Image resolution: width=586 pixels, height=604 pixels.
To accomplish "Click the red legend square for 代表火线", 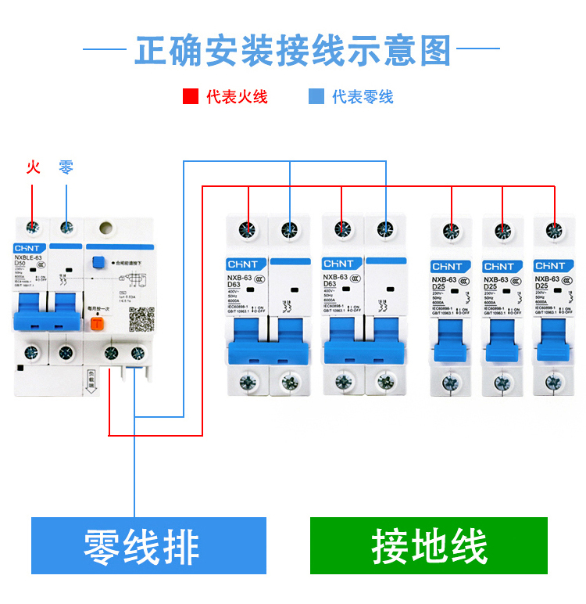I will [191, 97].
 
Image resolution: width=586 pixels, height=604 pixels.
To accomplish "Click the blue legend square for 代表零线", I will [316, 97].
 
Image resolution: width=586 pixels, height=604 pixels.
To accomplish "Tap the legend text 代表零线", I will [363, 97].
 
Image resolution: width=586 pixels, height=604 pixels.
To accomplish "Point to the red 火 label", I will [33, 167].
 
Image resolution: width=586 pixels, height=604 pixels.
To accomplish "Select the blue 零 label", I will [66, 167].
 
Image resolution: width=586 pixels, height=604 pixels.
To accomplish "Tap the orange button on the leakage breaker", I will [98, 323].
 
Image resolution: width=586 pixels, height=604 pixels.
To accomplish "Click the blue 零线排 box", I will [148, 545].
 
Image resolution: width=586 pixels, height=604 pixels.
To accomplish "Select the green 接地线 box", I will [429, 545].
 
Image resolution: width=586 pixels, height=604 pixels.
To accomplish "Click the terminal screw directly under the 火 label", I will [33, 228].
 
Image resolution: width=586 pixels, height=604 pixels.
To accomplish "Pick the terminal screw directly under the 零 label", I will [67, 228].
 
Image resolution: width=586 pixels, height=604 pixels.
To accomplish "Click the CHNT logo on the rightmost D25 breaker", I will [549, 266].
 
